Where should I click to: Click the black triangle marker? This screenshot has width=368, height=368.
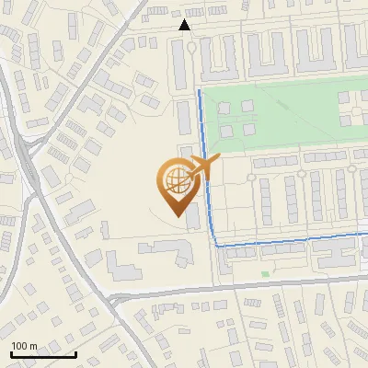click(x=185, y=25)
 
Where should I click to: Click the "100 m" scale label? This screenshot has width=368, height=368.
click(x=24, y=345)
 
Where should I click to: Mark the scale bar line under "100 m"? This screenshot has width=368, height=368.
click(x=42, y=354)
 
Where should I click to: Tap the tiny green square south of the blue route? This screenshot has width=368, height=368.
click(x=265, y=273)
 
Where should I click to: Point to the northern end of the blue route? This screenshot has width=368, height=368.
click(x=200, y=92)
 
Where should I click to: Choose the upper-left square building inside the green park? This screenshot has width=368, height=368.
click(x=223, y=107)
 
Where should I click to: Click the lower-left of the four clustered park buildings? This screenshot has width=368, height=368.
click(x=223, y=128)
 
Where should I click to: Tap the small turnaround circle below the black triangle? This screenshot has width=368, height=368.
click(x=190, y=46)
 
